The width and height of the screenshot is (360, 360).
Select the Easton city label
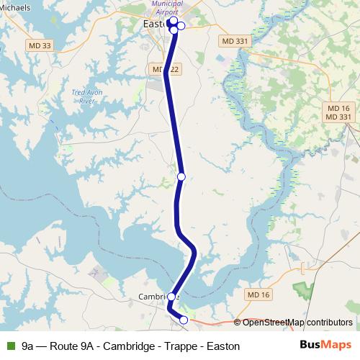(x=154, y=24)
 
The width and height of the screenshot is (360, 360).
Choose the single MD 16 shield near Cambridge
(x=257, y=295)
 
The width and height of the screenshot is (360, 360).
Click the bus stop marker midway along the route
(x=181, y=176)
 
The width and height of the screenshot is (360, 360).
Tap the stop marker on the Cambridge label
(x=171, y=297)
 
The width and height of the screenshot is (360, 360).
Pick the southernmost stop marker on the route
(x=184, y=320)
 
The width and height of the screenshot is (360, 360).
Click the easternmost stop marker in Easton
(x=181, y=27)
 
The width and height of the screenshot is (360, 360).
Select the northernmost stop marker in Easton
(x=174, y=22)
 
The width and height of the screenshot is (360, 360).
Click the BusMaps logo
(x=325, y=346)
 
